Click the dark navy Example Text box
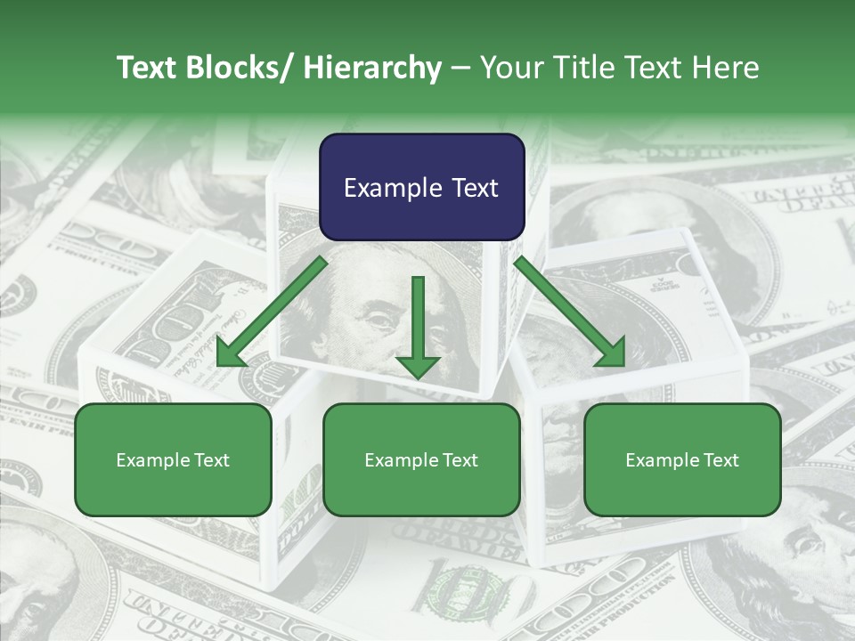421,188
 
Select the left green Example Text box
173,460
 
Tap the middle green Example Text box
421,460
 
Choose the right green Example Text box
682,460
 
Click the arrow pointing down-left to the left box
271,312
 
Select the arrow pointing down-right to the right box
570,312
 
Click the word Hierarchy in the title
372,68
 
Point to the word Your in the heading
510,68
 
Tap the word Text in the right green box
720,460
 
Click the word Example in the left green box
151,460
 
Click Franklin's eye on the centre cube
378,316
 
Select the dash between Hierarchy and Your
460,68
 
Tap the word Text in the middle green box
459,460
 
